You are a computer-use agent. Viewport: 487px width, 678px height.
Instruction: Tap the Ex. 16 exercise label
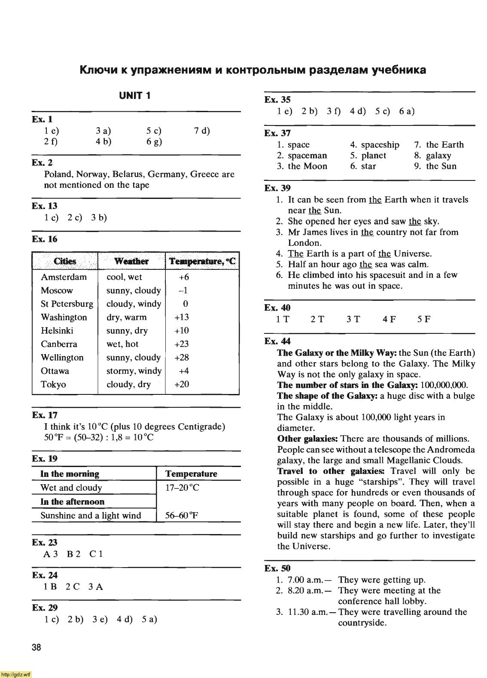44,239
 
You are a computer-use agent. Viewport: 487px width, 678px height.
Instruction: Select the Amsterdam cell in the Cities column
64,277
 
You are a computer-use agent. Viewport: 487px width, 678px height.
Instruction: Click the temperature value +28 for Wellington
182,357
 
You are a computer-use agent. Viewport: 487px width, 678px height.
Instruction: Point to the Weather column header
131,261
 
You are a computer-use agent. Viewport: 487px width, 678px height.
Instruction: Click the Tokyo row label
53,385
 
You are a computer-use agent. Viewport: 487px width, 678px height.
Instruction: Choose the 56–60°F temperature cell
182,516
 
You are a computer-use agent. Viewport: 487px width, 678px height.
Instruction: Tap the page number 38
37,647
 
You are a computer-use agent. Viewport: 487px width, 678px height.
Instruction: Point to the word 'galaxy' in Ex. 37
438,156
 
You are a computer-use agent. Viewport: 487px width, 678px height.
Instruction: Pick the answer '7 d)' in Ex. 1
202,131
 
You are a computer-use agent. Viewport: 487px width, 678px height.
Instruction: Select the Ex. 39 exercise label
277,188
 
